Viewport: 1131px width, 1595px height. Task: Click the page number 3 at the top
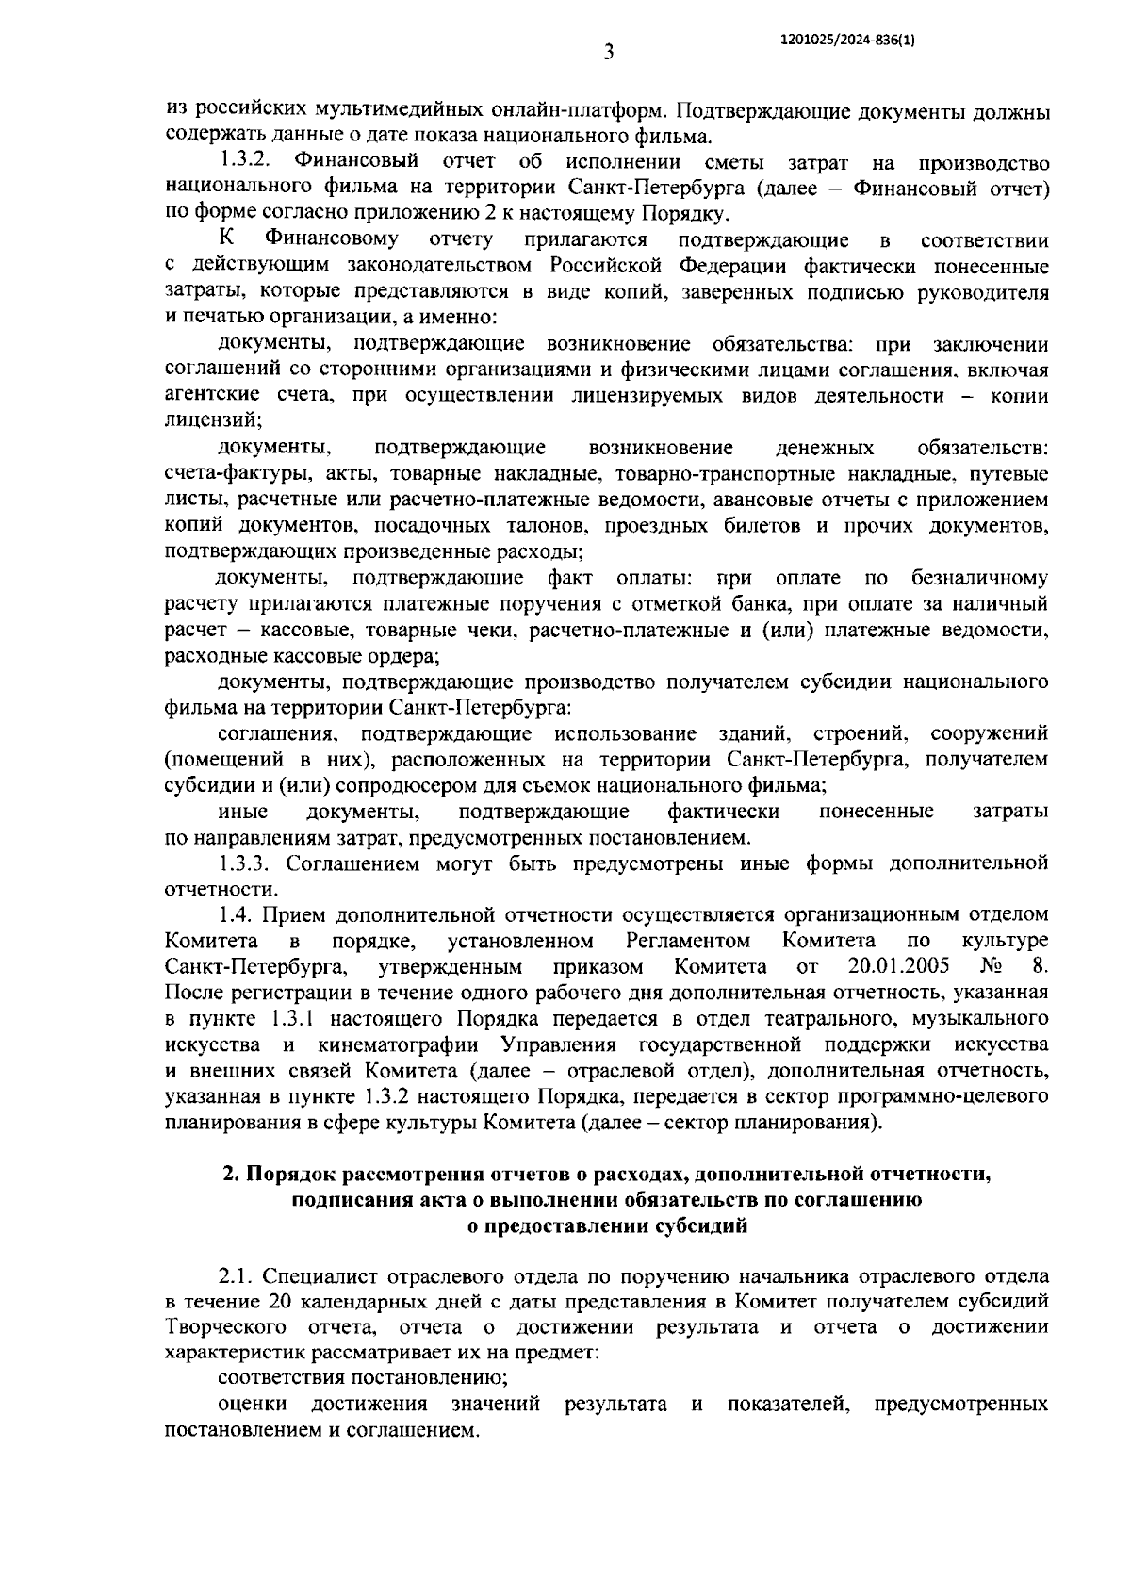[x=609, y=53]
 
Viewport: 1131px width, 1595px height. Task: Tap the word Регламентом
[x=688, y=941]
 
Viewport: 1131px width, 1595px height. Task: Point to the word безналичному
[x=980, y=577]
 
